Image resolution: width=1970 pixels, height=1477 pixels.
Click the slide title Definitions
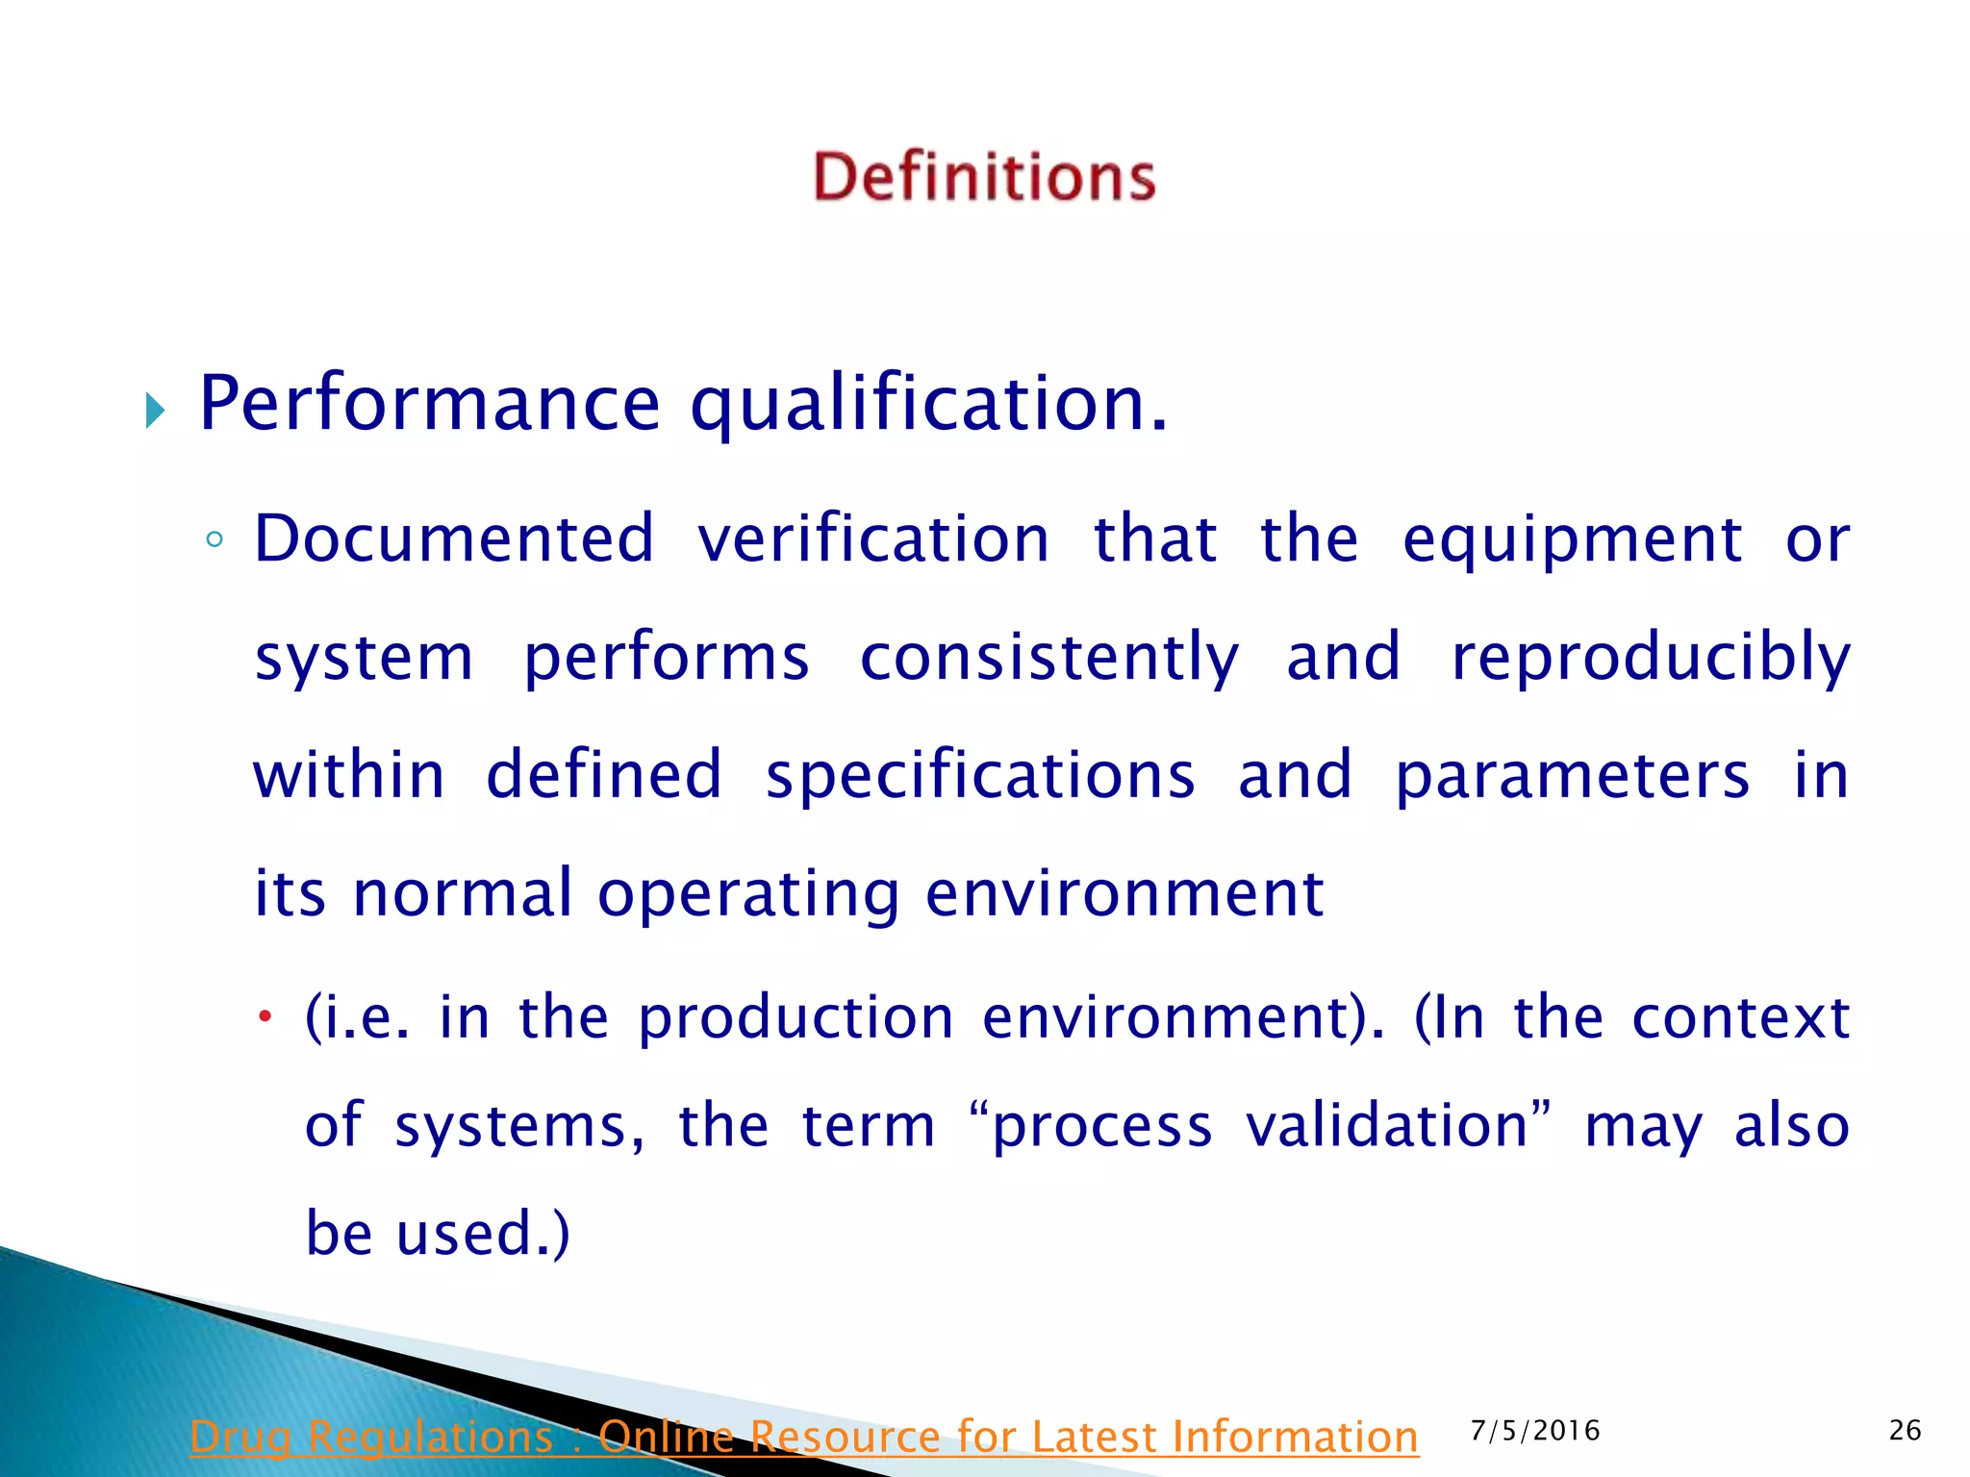coord(984,177)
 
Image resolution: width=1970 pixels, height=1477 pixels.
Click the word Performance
coord(429,403)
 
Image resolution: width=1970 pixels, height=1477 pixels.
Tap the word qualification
coord(928,405)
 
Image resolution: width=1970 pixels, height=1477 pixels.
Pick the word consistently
coord(1049,659)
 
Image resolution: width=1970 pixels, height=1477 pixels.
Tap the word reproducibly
coord(1651,659)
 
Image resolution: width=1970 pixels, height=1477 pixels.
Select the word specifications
coord(980,777)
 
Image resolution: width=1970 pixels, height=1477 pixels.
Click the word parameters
coord(1572,777)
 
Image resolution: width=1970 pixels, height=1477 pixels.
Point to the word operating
coord(749,895)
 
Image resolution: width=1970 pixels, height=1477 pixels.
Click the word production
coord(796,1019)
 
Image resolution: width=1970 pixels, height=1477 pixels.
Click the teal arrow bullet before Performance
coord(155,411)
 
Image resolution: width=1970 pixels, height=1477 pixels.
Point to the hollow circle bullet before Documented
coord(215,540)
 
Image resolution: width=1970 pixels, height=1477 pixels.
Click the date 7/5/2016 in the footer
coord(1535,1431)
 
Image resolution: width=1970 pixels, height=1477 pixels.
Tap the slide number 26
coord(1906,1431)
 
